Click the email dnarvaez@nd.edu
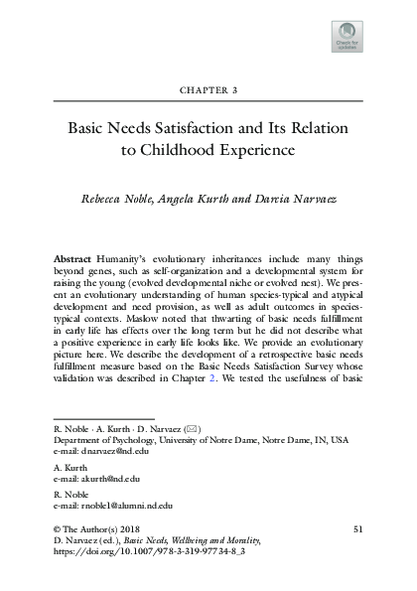[x=106, y=480]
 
